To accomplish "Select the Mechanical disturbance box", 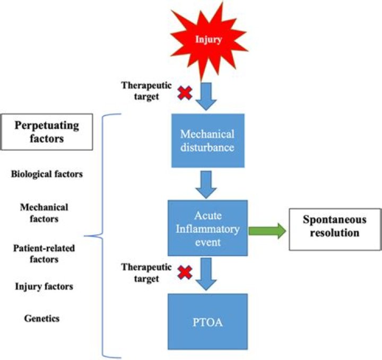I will [207, 141].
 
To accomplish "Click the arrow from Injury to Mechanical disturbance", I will [207, 95].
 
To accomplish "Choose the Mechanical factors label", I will [44, 212].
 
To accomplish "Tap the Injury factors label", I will [44, 287].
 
